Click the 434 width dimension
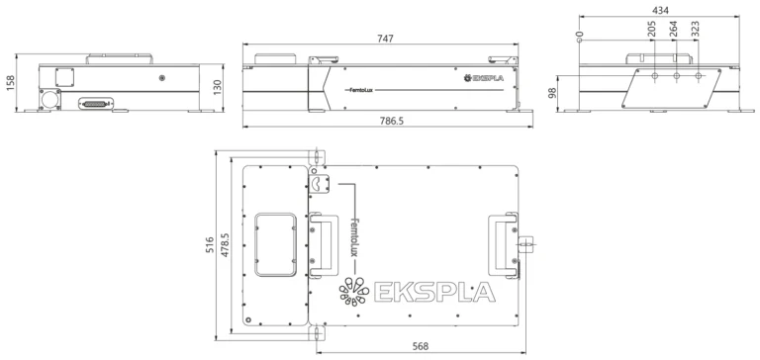pyautogui.click(x=660, y=10)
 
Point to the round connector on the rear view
pyautogui.click(x=49, y=100)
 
